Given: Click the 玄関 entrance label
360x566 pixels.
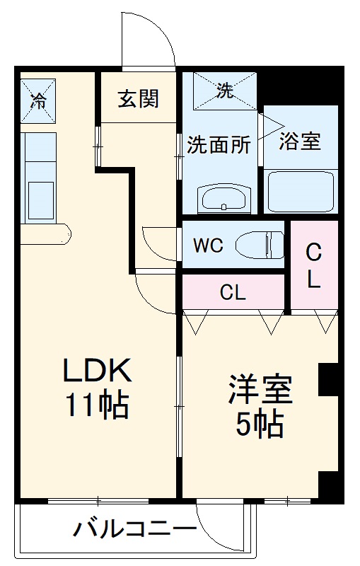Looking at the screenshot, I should tap(138, 98).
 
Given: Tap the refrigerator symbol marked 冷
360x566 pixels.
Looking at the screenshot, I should tap(37, 99).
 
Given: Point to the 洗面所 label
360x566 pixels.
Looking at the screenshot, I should tap(219, 144).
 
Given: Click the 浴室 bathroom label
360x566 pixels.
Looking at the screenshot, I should tap(300, 140).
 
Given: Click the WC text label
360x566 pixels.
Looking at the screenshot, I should tap(209, 246).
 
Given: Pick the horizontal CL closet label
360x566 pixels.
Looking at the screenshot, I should tap(233, 292).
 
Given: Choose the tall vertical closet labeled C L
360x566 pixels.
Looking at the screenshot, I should tap(313, 265).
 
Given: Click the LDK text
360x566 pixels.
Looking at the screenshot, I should tap(97, 370).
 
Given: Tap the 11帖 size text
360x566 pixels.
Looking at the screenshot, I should tap(97, 405).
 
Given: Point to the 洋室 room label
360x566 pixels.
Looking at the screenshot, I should tap(260, 391).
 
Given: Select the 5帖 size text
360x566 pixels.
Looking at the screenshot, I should tap(260, 424).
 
